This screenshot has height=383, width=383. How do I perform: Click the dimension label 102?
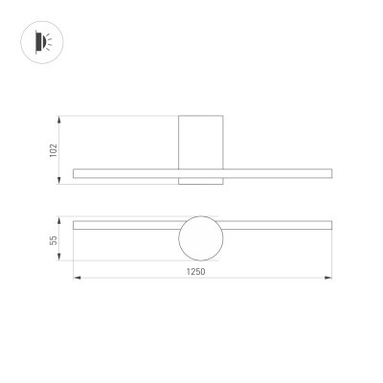[x=54, y=149]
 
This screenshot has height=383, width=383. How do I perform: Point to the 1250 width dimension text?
[x=197, y=271]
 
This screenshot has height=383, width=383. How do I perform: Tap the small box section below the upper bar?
[x=202, y=180]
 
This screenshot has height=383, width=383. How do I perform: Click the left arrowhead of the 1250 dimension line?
[x=76, y=279]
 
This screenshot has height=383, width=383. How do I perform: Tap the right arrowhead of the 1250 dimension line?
[x=330, y=279]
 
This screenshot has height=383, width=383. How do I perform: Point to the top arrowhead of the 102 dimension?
[x=62, y=119]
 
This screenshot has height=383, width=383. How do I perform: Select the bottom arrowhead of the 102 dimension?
[x=62, y=182]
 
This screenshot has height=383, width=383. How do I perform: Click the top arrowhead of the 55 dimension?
[x=62, y=218]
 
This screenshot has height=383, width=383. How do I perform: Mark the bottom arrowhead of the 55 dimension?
[x=62, y=259]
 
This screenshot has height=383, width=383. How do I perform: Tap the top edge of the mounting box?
[x=202, y=117]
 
